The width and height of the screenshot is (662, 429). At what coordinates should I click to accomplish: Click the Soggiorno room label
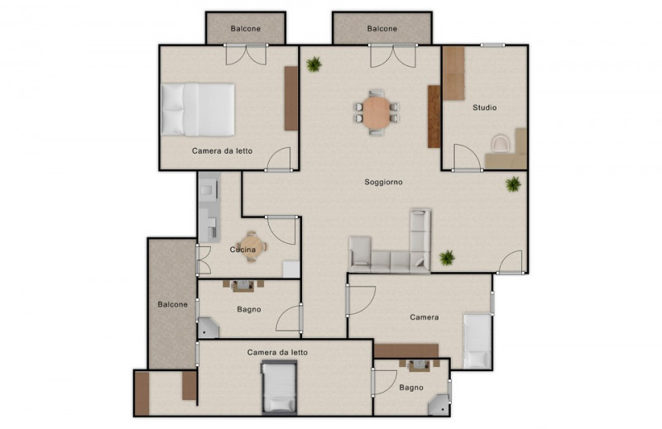(x=383, y=182)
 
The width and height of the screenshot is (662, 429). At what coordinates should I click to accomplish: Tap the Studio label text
(x=484, y=107)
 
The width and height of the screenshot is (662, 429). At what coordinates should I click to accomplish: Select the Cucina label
(x=242, y=250)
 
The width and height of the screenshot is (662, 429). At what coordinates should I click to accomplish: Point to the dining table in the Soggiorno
(x=377, y=112)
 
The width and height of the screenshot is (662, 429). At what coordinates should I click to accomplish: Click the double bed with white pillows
(x=198, y=109)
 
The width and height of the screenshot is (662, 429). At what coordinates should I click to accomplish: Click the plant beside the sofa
(x=447, y=257)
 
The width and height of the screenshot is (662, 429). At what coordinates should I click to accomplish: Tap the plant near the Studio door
(x=513, y=184)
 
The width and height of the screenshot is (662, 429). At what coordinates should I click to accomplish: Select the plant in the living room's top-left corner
(x=314, y=64)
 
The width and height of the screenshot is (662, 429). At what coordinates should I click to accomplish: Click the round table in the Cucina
(x=252, y=246)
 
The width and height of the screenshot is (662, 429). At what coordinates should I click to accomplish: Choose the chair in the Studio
(x=501, y=142)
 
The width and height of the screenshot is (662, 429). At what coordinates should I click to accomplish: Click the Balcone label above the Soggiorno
(x=382, y=29)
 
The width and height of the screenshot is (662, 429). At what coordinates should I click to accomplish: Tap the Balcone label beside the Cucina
(x=173, y=304)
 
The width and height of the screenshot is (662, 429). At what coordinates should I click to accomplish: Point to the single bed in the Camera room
(x=477, y=341)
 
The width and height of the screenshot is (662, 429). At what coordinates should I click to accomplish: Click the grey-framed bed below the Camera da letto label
(x=279, y=387)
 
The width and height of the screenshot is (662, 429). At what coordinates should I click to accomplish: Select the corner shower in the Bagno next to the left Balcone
(x=209, y=328)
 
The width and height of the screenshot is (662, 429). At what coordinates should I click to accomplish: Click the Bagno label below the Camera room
(x=411, y=387)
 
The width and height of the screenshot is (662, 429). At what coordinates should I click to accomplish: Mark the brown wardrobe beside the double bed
(x=291, y=98)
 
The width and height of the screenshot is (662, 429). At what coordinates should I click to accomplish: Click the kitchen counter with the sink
(x=209, y=207)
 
